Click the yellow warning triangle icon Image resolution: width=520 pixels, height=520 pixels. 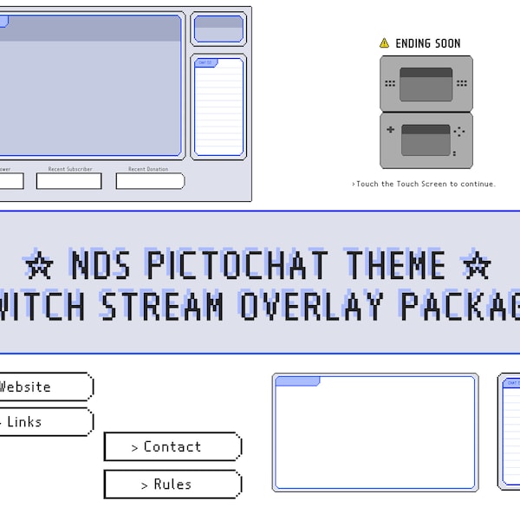click(x=384, y=43)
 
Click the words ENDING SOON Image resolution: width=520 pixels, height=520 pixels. click(x=427, y=43)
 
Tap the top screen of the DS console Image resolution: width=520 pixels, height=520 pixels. click(x=426, y=84)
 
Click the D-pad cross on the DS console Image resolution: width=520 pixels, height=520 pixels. click(x=391, y=131)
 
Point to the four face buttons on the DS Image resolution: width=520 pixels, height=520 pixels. click(x=459, y=132)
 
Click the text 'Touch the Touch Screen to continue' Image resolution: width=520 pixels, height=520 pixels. click(x=425, y=184)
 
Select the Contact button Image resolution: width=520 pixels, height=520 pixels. click(x=172, y=447)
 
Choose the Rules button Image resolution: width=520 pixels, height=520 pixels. click(x=172, y=484)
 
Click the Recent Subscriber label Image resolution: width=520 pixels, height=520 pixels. click(x=69, y=169)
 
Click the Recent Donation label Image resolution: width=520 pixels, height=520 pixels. click(x=148, y=169)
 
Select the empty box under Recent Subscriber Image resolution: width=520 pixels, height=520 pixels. click(x=68, y=181)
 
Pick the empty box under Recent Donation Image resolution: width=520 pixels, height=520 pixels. click(x=150, y=181)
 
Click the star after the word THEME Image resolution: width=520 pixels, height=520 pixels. click(x=477, y=263)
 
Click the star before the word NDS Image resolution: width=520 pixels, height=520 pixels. click(x=39, y=263)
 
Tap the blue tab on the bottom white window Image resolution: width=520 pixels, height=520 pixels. click(x=297, y=380)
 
